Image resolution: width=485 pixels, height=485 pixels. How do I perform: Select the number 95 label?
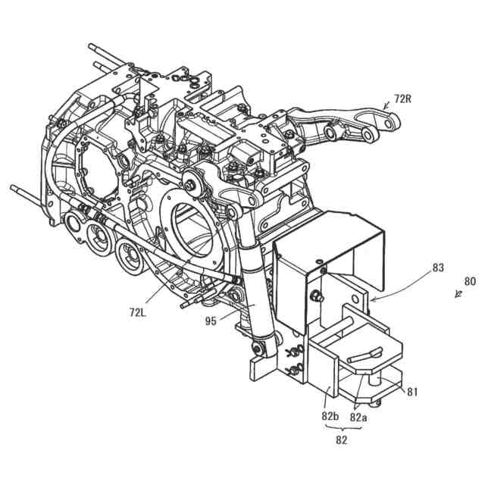point(211,321)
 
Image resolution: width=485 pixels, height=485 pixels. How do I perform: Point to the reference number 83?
point(439,268)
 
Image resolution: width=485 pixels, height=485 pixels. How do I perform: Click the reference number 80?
point(470,281)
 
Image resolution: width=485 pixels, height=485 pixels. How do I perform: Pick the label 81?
point(413,392)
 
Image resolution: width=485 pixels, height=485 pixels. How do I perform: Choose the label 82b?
point(330,416)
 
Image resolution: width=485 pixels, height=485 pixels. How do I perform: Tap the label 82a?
point(359,416)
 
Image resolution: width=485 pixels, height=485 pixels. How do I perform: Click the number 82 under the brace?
point(343,440)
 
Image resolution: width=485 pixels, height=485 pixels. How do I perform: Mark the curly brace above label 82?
point(343,428)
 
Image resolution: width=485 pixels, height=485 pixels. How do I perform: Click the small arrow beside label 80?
point(458,294)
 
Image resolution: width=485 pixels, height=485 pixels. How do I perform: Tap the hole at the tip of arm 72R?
point(391,120)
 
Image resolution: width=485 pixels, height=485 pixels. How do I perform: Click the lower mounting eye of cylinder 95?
point(259,348)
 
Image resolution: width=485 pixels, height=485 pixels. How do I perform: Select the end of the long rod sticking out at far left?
point(13,187)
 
